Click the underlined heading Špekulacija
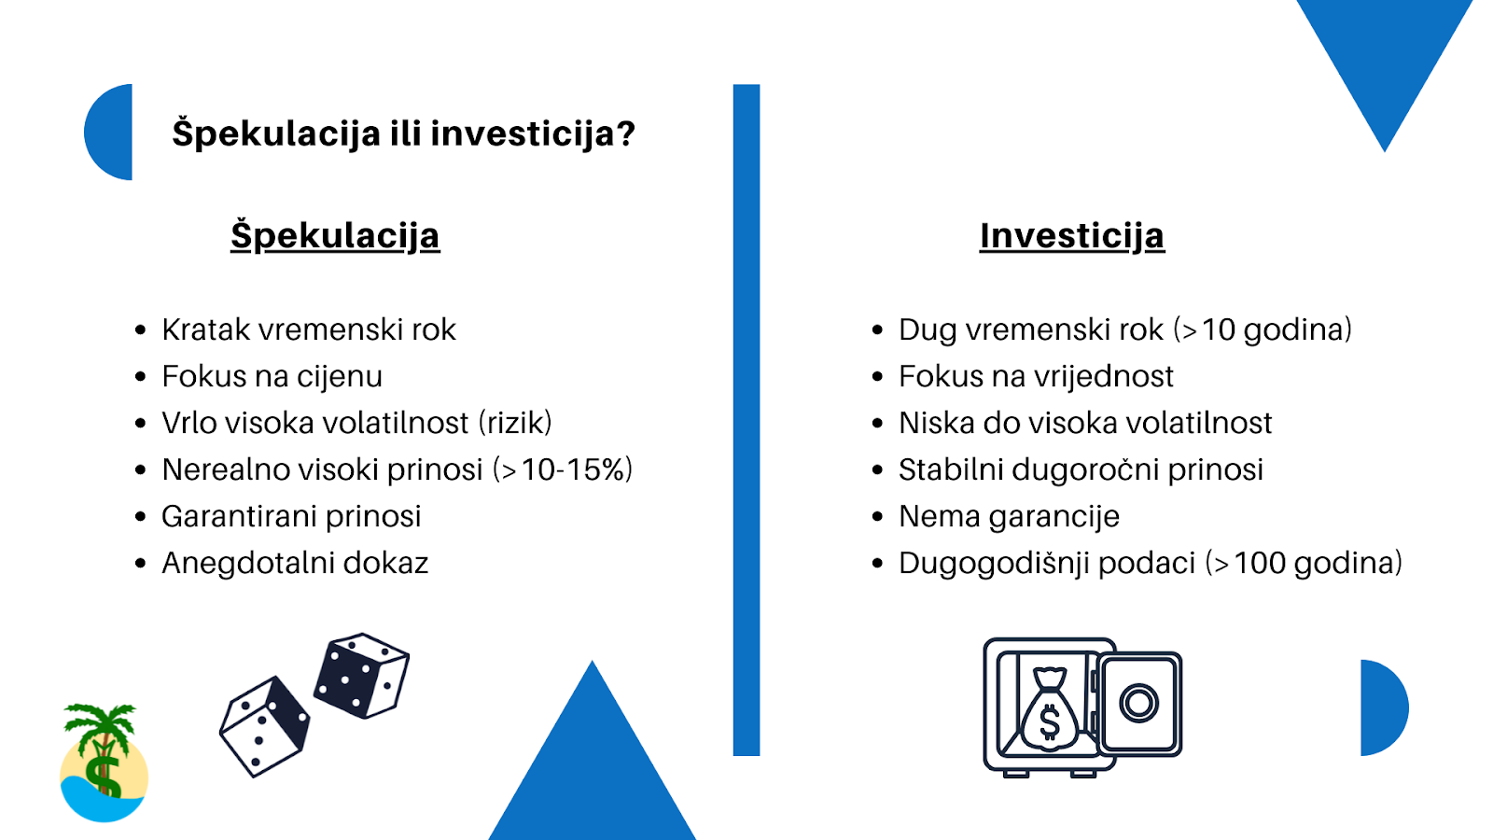tap(335, 236)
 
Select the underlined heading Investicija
tap(1072, 236)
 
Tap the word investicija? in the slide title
tap(533, 133)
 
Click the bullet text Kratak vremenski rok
tap(309, 329)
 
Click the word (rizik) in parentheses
tap(515, 424)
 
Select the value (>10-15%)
tap(563, 469)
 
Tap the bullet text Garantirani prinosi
tap(291, 517)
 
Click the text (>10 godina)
tap(1263, 330)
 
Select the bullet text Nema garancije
tap(1009, 517)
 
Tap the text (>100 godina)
tap(1304, 564)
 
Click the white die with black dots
tap(265, 727)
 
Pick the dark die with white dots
tap(361, 676)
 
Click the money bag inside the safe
tap(1049, 709)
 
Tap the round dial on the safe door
tap(1138, 704)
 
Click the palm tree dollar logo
tap(104, 763)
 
